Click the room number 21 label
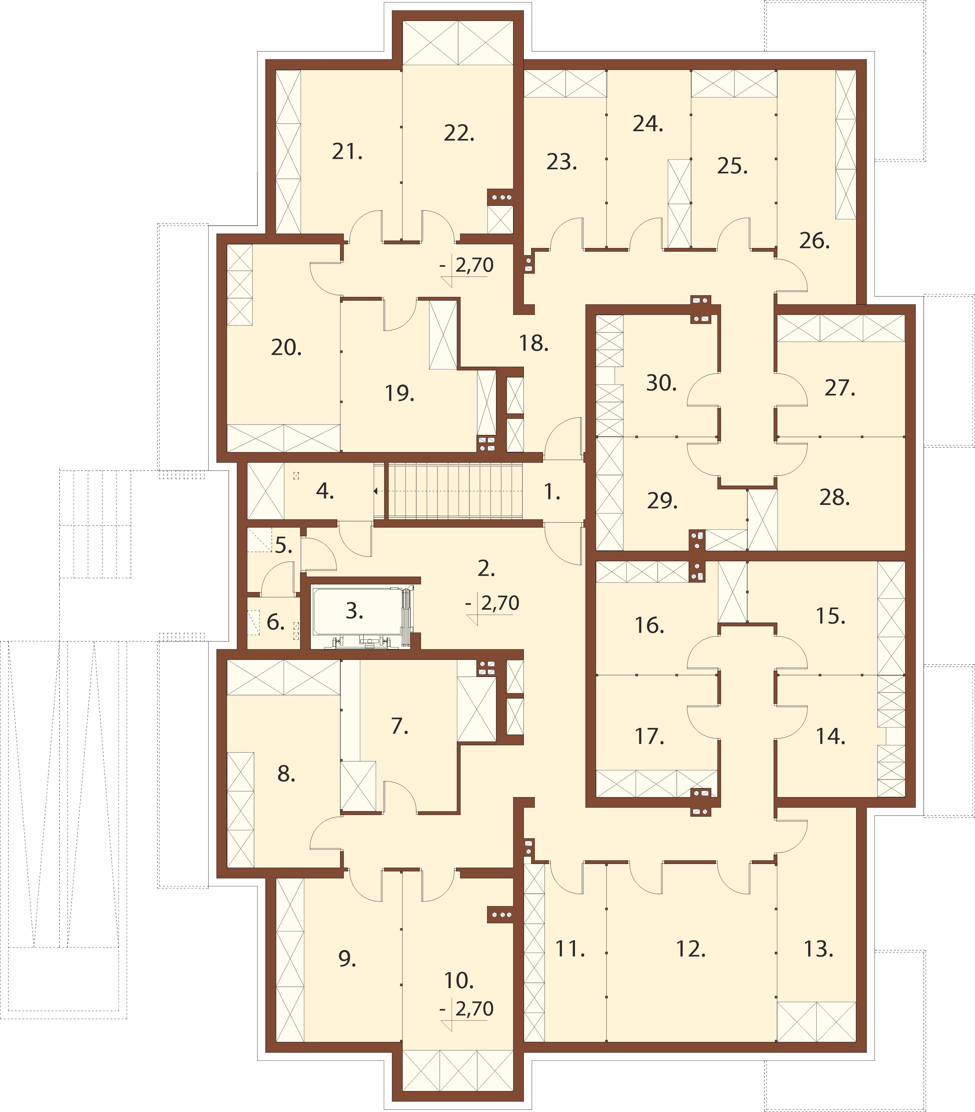coord(347,152)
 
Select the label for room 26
coord(814,240)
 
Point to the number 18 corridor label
coord(533,343)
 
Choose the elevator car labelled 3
coord(362,617)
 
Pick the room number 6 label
coord(275,622)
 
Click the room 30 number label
coord(661,383)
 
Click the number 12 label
coord(691,949)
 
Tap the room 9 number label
coord(347,959)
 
